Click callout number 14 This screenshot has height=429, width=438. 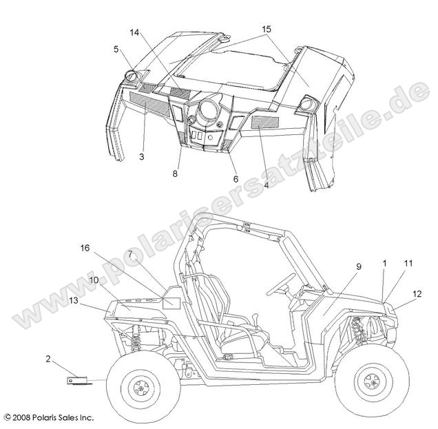coord(133,32)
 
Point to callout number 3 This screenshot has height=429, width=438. coord(140,158)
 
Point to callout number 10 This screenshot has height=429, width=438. coord(93,280)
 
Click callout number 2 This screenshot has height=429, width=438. coord(49,359)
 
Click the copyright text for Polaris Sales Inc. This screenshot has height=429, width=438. coord(49,418)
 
